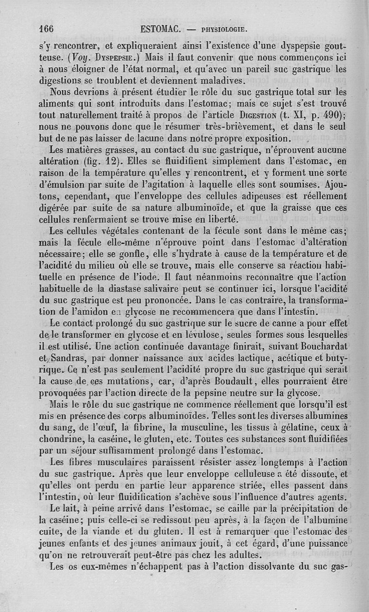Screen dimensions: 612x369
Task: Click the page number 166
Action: click(46, 29)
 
